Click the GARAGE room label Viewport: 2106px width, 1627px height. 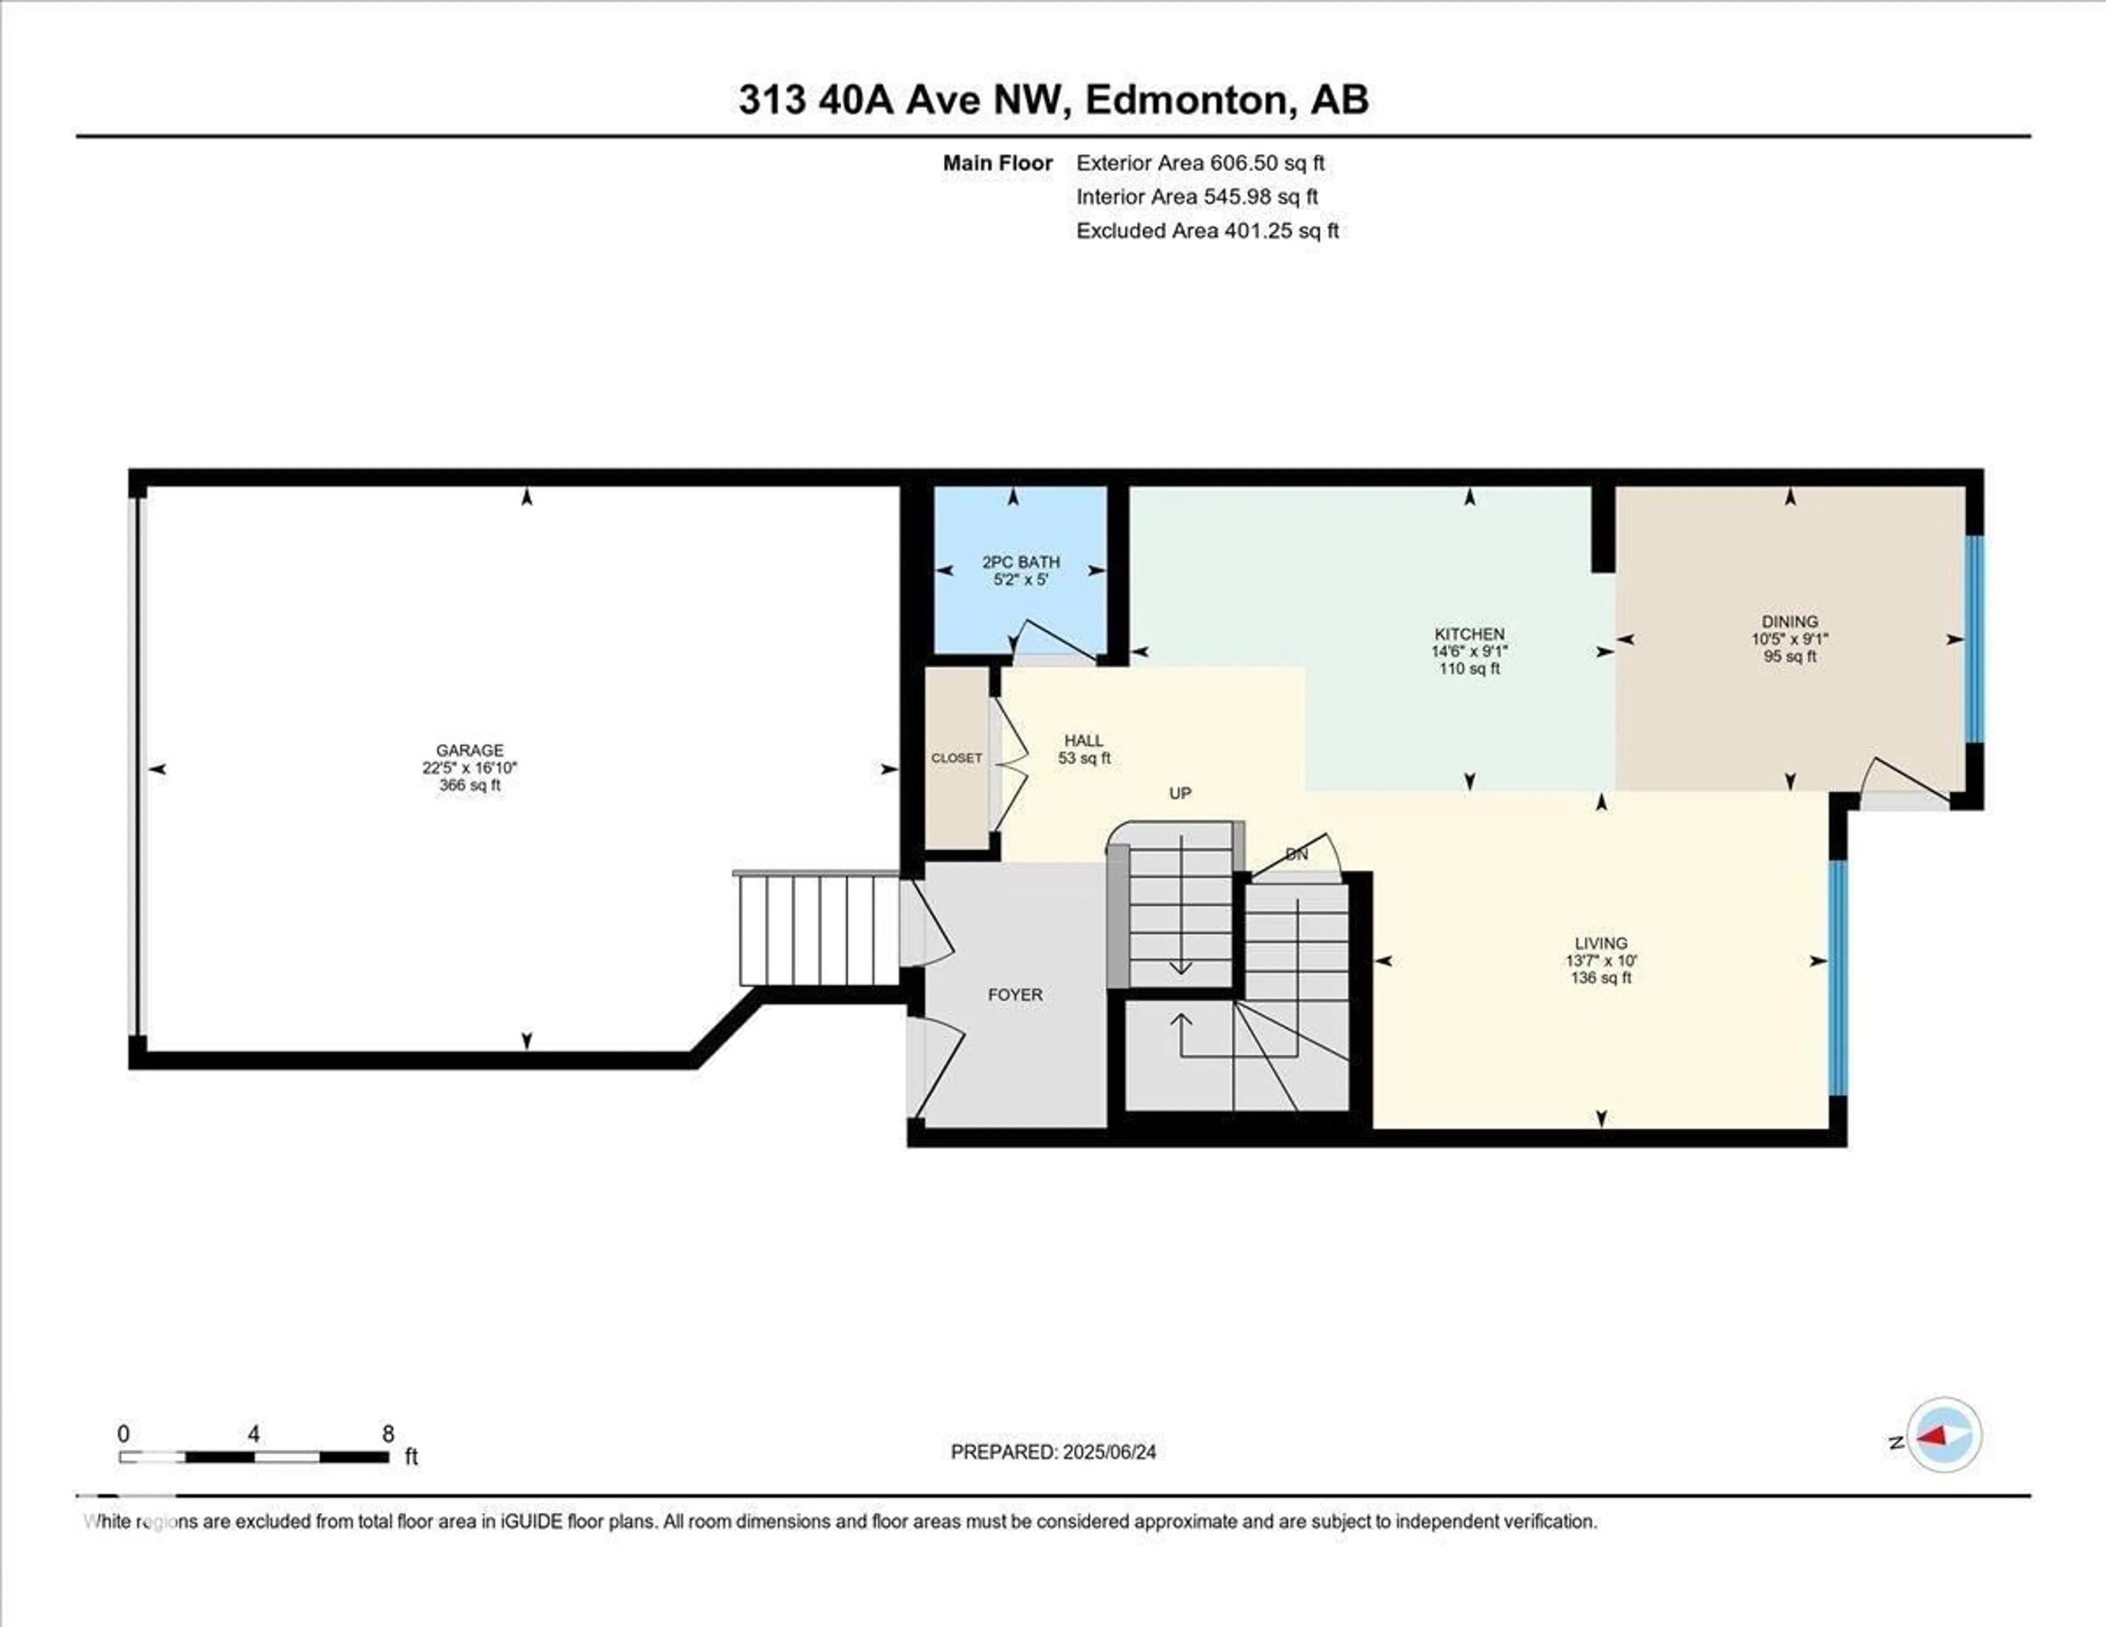point(469,750)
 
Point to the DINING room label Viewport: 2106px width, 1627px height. point(1790,622)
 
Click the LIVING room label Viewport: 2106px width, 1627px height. point(1601,943)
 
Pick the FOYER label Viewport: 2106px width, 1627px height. point(1015,995)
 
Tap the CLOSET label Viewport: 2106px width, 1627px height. point(956,758)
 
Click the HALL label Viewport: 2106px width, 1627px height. point(1084,741)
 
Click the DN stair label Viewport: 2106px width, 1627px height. point(1297,855)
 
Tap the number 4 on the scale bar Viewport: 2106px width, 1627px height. point(253,1434)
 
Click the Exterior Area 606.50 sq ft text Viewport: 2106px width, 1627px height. point(1201,163)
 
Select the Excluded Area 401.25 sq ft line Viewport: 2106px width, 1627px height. point(1207,230)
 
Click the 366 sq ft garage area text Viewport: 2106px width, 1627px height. point(469,785)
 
